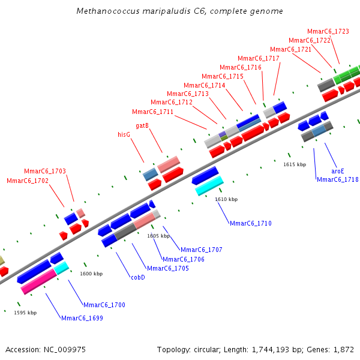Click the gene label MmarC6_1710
pos(250,224)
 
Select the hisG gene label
pos(124,135)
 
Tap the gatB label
pos(142,125)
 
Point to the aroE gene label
pos(338,171)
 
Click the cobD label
pos(138,277)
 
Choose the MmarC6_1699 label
pos(82,318)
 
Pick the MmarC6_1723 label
pos(328,31)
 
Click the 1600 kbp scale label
pos(91,274)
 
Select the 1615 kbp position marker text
pos(295,164)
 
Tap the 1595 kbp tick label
pos(25,313)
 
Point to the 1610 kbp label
pos(226,199)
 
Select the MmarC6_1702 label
pos(27,181)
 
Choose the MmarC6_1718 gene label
pos(337,179)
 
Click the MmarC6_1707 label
pos(201,250)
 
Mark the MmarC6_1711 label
pos(152,112)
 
